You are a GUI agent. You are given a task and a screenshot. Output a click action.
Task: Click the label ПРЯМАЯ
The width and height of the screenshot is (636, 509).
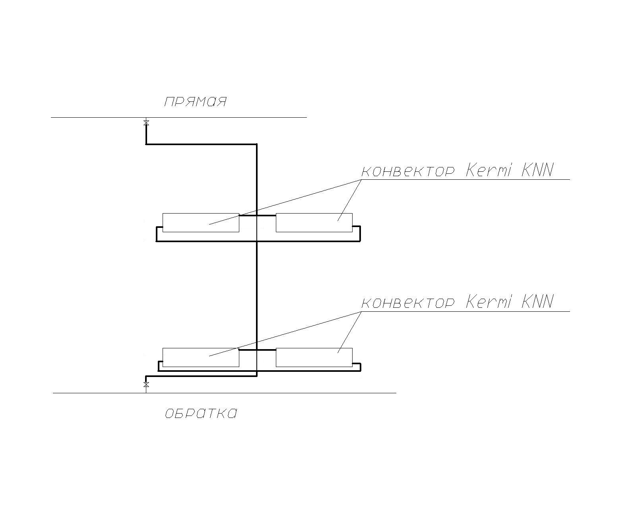(x=195, y=102)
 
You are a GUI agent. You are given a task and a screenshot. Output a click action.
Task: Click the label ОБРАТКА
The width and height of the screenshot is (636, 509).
(x=201, y=414)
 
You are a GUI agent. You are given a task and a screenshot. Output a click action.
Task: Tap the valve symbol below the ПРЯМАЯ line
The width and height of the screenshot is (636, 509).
(x=146, y=123)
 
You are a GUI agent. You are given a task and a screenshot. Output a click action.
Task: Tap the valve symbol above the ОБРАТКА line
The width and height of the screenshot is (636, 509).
(x=146, y=385)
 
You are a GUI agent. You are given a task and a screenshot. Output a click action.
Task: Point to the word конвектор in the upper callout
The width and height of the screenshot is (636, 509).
(x=407, y=171)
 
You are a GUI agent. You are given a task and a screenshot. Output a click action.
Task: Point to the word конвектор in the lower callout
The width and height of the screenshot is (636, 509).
(x=407, y=303)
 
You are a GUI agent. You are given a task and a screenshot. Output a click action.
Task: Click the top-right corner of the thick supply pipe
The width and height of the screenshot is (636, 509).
(x=257, y=144)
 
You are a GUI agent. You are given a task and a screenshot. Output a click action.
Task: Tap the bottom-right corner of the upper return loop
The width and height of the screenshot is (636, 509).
(x=360, y=241)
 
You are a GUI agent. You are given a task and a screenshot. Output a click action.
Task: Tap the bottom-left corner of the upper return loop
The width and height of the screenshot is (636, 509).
(x=157, y=241)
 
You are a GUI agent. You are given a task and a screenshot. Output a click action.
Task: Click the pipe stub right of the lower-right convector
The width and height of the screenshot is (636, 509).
(x=357, y=363)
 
